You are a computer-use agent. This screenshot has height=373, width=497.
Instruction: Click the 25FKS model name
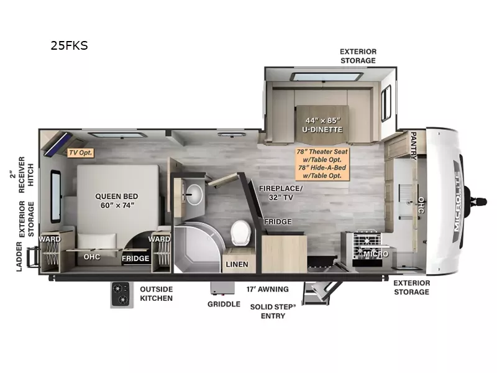[69, 45]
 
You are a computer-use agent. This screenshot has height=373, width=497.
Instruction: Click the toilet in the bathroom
[240, 233]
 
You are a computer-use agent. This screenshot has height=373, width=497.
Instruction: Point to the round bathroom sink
[194, 194]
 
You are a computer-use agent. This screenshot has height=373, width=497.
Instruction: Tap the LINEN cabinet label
[237, 264]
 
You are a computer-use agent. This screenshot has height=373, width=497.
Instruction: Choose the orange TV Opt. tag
[81, 152]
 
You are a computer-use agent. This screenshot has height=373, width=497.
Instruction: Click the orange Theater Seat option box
[322, 163]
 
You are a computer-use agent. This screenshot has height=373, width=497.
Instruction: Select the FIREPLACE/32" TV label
[281, 193]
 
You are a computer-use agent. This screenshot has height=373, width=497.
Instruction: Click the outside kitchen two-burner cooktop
[122, 295]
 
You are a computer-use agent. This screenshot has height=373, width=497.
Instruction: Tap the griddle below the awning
[222, 288]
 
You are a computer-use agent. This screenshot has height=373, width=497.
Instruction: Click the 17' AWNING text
[268, 289]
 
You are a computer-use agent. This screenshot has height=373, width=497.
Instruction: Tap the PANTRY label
[414, 145]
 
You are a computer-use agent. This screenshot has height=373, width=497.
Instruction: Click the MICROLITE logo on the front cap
[457, 201]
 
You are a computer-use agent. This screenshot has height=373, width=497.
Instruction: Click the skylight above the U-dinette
[327, 77]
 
